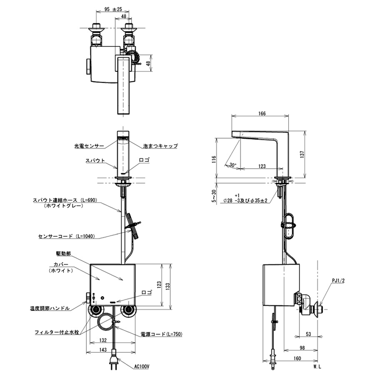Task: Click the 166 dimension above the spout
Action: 262,113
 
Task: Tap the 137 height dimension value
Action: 302,154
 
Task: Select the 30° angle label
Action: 232,165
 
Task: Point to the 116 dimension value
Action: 214,159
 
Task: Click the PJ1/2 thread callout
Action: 338,280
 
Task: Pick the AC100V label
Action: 142,366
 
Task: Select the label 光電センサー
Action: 89,146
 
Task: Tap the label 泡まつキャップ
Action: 160,146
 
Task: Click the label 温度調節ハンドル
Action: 50,308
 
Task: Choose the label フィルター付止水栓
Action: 57,332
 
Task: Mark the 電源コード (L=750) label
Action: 161,334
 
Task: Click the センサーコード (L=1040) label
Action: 67,236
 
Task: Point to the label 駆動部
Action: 63,254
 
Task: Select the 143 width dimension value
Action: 103,350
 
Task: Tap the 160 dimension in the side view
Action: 297,358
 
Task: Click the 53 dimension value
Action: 308,334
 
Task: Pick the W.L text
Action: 317,367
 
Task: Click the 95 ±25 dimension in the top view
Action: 113,9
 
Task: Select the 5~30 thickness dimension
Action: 214,196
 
